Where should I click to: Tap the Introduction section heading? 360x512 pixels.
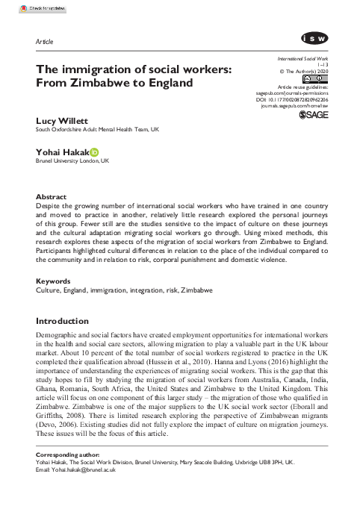[x=66, y=321]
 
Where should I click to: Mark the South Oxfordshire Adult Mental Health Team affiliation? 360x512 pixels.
[x=111, y=128]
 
